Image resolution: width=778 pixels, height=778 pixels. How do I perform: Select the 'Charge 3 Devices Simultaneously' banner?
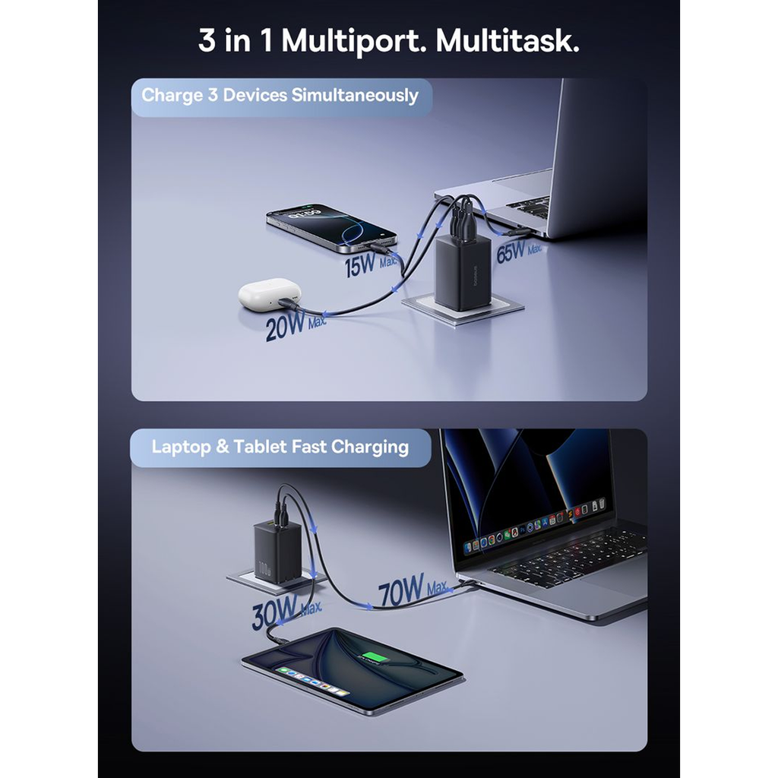click(281, 97)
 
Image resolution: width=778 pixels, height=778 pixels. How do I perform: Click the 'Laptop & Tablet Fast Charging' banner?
click(280, 448)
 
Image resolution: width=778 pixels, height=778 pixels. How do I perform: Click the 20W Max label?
click(296, 326)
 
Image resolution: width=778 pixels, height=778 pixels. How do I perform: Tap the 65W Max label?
click(518, 251)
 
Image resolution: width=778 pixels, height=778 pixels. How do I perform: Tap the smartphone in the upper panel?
click(331, 226)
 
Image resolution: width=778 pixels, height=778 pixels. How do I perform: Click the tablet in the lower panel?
click(353, 670)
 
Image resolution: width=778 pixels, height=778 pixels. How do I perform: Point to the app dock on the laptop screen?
click(534, 525)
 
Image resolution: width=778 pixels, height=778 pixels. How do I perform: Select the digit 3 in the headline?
click(207, 40)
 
